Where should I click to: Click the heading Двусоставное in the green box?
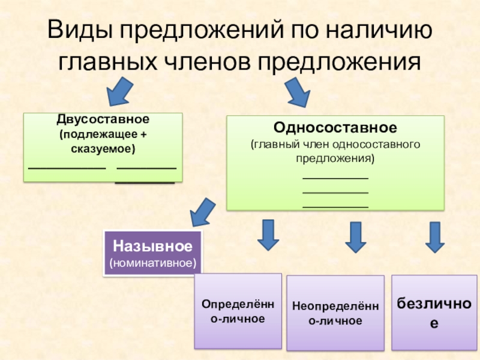(x=103, y=119)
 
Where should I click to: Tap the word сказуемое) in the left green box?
(x=103, y=148)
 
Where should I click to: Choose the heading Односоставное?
(x=335, y=128)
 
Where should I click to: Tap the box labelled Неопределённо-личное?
(x=335, y=313)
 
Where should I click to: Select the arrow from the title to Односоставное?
(x=298, y=91)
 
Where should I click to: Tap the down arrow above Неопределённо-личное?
(x=356, y=236)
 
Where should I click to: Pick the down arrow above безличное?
(x=434, y=236)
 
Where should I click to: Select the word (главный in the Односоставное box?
(x=270, y=145)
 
